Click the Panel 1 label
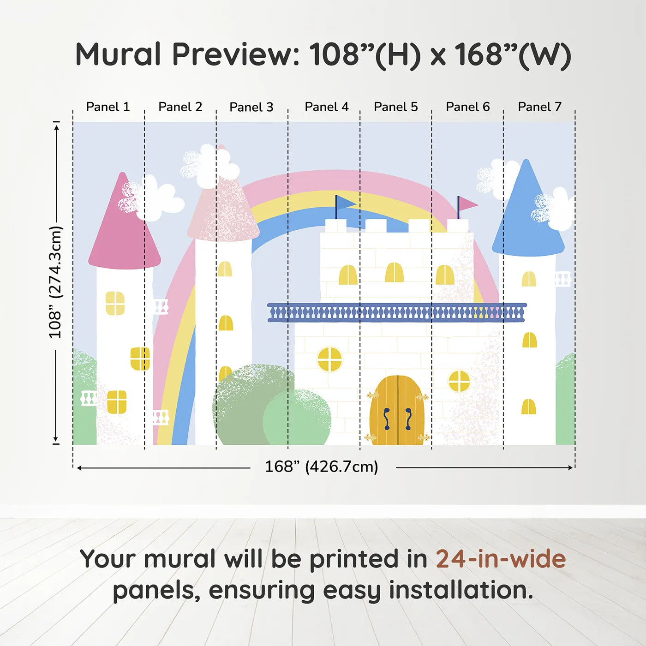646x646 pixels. coord(108,107)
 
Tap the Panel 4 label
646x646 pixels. coord(327,107)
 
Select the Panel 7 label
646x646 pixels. coord(539,107)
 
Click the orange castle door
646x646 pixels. coord(397,410)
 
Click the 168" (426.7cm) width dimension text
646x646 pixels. coord(322,467)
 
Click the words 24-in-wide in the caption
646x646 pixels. coord(501,559)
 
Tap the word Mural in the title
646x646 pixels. coord(119,54)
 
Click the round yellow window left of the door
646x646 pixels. coord(330,359)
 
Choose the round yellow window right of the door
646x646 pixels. coord(459,381)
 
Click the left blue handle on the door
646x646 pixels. coord(387,419)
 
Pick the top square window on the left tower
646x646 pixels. coord(115,303)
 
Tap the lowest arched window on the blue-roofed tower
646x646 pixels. coord(529,407)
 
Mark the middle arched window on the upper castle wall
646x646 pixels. coord(394,272)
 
